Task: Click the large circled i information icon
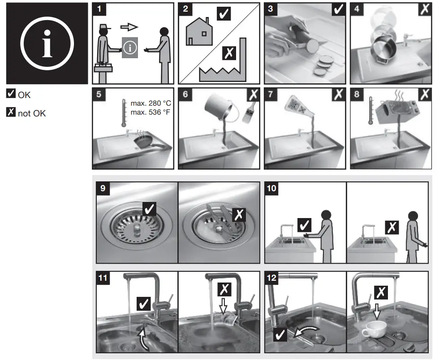point(47,43)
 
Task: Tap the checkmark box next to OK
point(11,94)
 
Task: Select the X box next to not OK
point(11,112)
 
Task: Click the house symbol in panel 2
point(199,34)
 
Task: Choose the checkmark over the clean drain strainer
point(149,209)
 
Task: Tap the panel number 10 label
point(272,188)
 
